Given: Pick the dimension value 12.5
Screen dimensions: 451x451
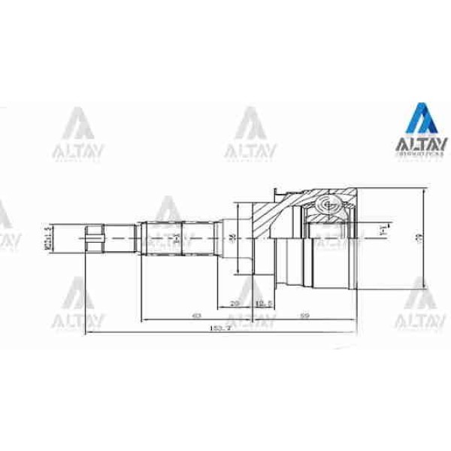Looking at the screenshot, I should [x=262, y=304].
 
